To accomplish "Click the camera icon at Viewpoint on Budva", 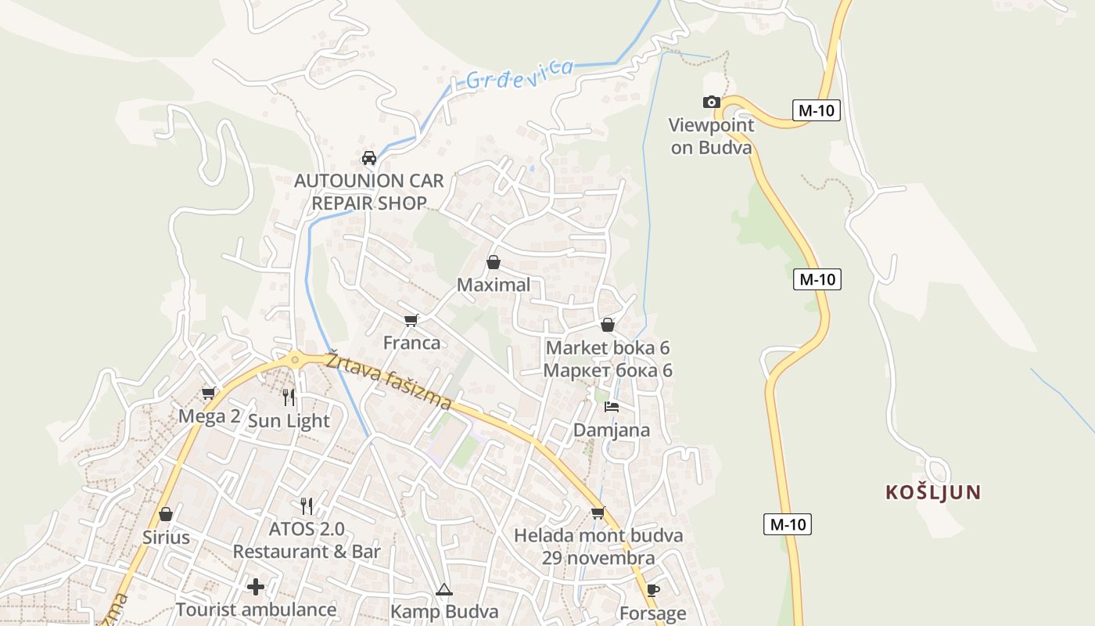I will (x=711, y=103).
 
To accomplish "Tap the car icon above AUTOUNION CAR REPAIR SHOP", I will (x=369, y=158).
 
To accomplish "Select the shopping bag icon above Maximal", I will (x=494, y=262).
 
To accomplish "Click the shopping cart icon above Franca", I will (x=411, y=320).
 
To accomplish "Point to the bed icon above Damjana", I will (x=612, y=407).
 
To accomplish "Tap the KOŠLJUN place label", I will (x=933, y=492).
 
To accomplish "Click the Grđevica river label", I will (x=519, y=74).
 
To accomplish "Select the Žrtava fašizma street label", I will (x=389, y=380).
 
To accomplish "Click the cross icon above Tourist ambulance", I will (x=256, y=587).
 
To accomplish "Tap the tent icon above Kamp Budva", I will (x=444, y=589).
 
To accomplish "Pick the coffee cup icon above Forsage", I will (x=653, y=590).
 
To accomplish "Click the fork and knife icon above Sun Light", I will (x=289, y=398).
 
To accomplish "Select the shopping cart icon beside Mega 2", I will (x=209, y=393).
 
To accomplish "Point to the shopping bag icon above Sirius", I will (x=166, y=514).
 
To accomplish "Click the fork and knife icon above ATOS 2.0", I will (x=307, y=506).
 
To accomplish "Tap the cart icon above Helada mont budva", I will (x=598, y=513).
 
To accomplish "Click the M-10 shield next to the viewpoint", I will (x=816, y=110).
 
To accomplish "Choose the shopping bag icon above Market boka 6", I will (x=608, y=325).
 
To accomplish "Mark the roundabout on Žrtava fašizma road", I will (x=295, y=360).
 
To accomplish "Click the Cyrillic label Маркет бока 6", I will (x=608, y=370).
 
